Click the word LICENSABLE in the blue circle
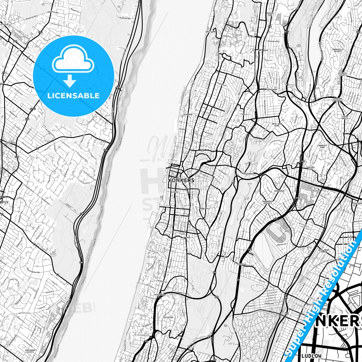click(74, 96)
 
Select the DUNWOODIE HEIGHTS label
click(267, 202)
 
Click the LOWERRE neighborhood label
click(186, 237)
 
